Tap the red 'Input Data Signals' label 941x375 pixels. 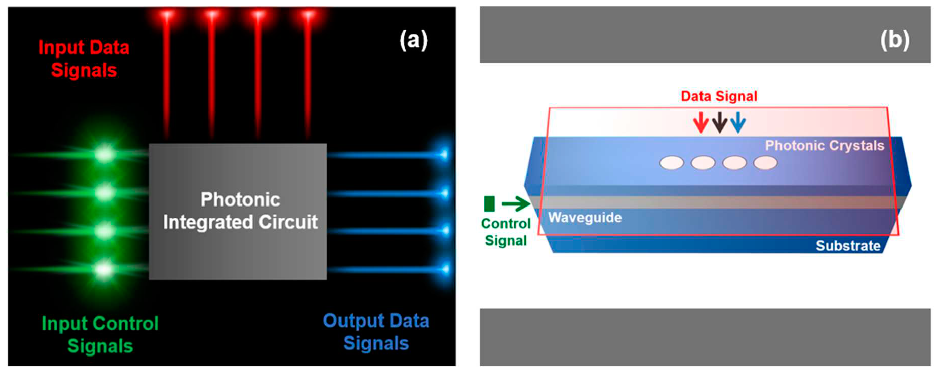coord(84,59)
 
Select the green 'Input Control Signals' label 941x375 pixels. coord(100,334)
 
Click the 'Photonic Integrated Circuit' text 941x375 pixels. coord(240,211)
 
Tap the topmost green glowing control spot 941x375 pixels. coord(105,154)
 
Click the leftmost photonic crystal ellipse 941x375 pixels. coord(671,163)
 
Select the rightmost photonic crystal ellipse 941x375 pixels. coord(765,163)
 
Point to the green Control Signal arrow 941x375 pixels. coord(515,203)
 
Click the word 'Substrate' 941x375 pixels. coord(848,246)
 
